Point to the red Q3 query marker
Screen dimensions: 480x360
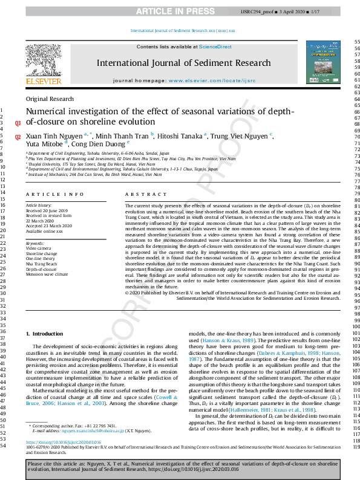[18, 123]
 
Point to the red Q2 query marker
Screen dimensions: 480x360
[18, 137]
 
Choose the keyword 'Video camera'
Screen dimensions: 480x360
[38, 248]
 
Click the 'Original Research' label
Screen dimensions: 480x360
[50, 99]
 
